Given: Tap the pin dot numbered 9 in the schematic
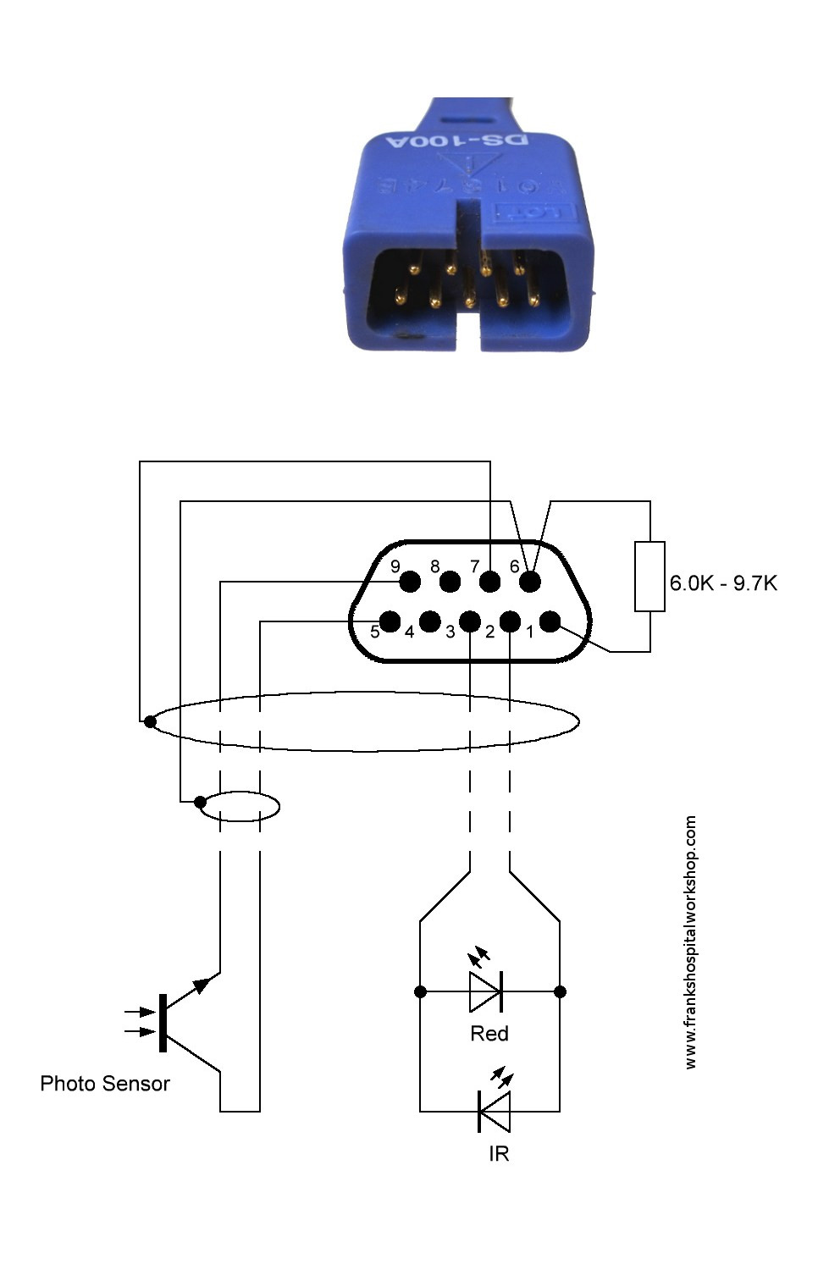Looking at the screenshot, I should [x=410, y=582].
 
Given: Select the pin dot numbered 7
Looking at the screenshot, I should [x=490, y=582].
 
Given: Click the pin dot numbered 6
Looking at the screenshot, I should [x=530, y=582].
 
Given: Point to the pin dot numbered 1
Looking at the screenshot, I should [x=550, y=622].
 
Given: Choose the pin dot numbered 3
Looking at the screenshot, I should [x=470, y=622].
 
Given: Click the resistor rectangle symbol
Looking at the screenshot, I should [x=649, y=577].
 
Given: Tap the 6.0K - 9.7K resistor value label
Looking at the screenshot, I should [x=723, y=583].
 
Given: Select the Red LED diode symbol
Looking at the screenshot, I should [x=486, y=991].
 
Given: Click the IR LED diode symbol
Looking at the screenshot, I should [x=495, y=1112].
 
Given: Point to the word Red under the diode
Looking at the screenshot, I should [x=489, y=1034].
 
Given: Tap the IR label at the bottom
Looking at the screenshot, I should [x=499, y=1154].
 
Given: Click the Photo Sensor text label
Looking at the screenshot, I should [x=105, y=1084].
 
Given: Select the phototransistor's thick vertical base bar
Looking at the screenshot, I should [x=163, y=1023].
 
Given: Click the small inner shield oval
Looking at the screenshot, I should [x=240, y=806].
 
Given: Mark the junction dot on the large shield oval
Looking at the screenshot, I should [x=150, y=722].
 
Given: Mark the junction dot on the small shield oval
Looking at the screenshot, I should [x=200, y=802].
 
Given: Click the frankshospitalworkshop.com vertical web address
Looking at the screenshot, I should [x=691, y=941].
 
